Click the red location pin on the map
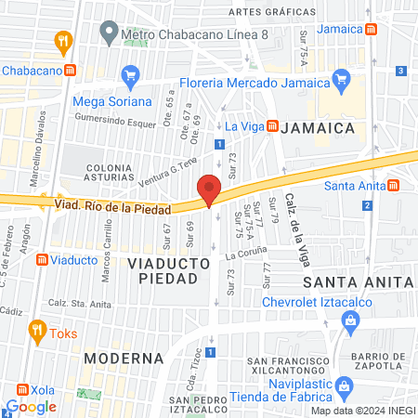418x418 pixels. tap(209, 189)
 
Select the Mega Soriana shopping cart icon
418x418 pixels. tap(131, 74)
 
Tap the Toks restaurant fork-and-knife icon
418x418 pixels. tap(36, 329)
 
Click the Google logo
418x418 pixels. tap(31, 406)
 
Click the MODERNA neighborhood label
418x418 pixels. tap(124, 358)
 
